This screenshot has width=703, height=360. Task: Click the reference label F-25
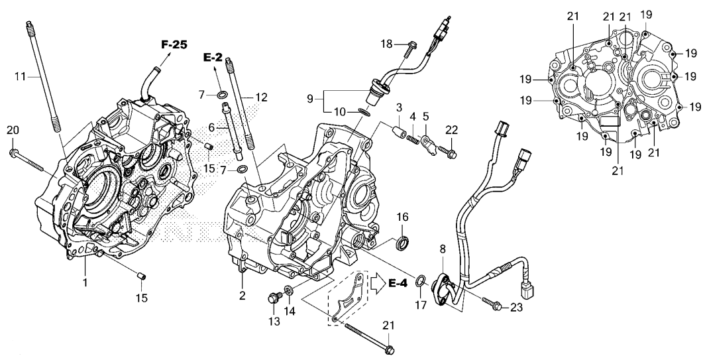(x=174, y=45)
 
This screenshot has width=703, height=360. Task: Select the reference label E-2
(x=213, y=58)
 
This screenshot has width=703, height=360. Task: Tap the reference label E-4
(x=398, y=284)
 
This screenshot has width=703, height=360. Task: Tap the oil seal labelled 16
(x=402, y=243)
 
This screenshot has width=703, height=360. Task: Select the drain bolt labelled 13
(x=272, y=300)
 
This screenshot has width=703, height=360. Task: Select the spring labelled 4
(x=410, y=139)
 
